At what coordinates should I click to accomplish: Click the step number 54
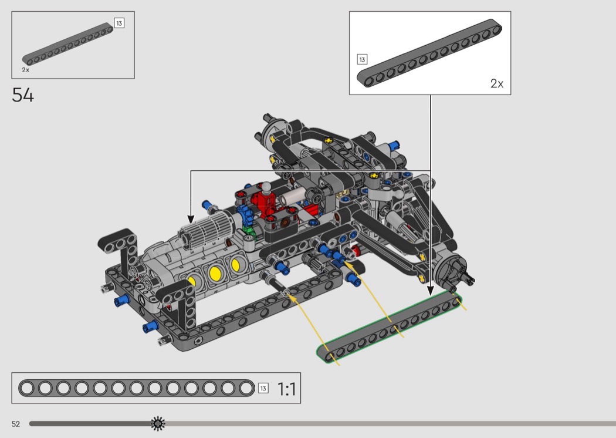coord(23,95)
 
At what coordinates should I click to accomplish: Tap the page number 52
coord(16,424)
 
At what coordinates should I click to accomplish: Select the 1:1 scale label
coord(287,389)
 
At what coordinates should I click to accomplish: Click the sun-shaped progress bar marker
coord(158,423)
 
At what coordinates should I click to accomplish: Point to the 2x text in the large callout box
coord(497,83)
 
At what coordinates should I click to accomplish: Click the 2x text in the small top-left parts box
coord(26,70)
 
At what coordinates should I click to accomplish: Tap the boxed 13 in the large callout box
coord(362,59)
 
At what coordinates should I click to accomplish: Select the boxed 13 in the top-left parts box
coord(119,23)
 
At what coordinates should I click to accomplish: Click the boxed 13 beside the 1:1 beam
coord(263,389)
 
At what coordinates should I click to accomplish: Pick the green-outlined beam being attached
coord(389,326)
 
